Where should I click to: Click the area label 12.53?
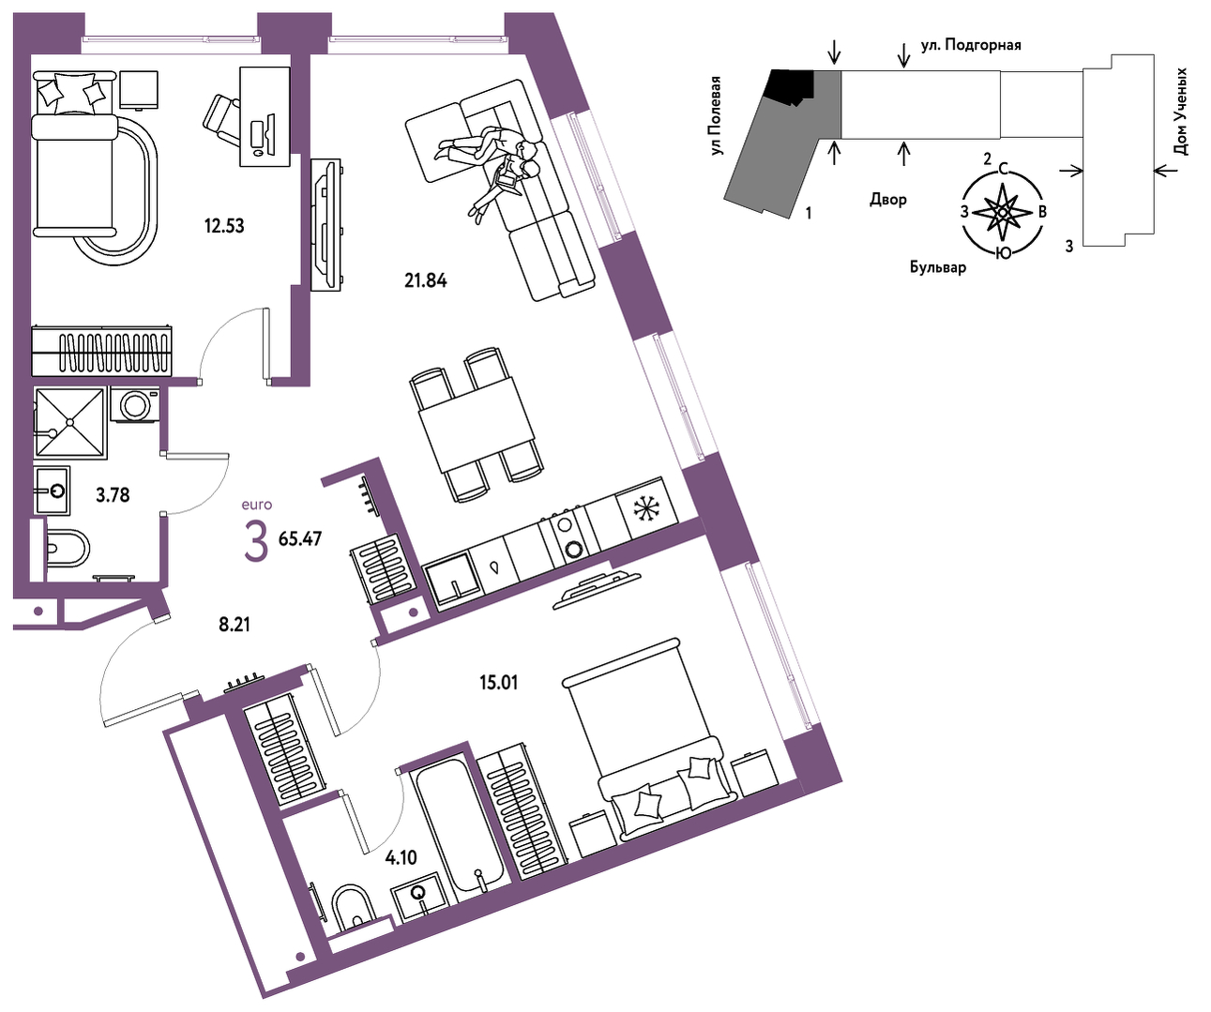(224, 225)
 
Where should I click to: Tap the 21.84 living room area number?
(426, 280)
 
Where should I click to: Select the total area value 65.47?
(300, 538)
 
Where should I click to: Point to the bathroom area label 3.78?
(113, 495)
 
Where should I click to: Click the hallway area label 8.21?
(235, 625)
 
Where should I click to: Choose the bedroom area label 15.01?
(499, 683)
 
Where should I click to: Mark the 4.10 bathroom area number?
(401, 857)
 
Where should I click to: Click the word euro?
(257, 505)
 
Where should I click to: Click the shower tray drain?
(70, 422)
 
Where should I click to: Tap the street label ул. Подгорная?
(971, 45)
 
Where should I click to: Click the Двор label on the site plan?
(888, 200)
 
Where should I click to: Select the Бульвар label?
(938, 266)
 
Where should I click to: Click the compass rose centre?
(1002, 213)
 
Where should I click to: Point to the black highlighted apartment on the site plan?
(791, 87)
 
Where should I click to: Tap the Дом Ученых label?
(1181, 112)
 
